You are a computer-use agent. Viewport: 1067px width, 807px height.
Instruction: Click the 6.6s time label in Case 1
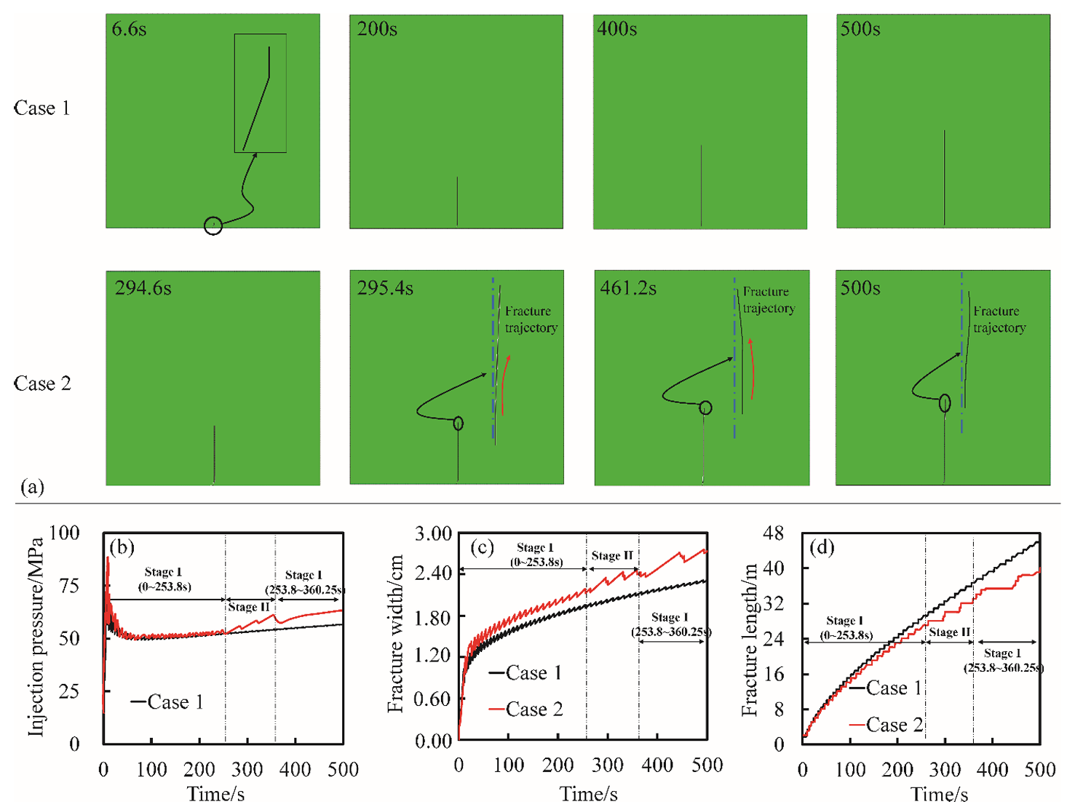pos(129,30)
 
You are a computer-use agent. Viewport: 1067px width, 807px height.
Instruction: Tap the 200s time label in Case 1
pos(376,30)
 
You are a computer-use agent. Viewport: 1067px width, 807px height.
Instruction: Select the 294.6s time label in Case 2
pos(143,289)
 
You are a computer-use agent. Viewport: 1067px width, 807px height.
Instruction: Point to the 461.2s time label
pos(627,289)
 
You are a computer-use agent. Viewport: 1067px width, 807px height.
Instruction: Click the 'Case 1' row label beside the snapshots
pos(41,108)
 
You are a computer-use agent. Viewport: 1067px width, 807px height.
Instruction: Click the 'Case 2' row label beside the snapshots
pos(42,383)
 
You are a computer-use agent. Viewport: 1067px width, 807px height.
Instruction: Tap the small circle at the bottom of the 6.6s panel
pos(213,226)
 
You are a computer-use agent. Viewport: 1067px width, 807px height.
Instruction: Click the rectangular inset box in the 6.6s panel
pos(260,93)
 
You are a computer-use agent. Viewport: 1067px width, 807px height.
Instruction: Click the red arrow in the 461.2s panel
pos(752,369)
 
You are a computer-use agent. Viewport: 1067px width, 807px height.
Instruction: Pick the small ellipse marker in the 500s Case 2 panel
pos(944,402)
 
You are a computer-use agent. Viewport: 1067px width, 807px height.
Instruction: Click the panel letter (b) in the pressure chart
pos(122,546)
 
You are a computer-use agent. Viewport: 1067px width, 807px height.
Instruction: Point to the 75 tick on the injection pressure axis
pos(68,586)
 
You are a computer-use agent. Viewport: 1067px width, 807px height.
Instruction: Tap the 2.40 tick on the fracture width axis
pos(433,573)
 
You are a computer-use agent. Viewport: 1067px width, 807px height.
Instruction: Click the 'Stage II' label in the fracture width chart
pos(612,556)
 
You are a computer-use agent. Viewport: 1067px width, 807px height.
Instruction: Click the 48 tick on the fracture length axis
pos(773,533)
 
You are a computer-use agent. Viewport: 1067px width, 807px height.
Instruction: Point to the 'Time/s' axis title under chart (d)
pos(939,794)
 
